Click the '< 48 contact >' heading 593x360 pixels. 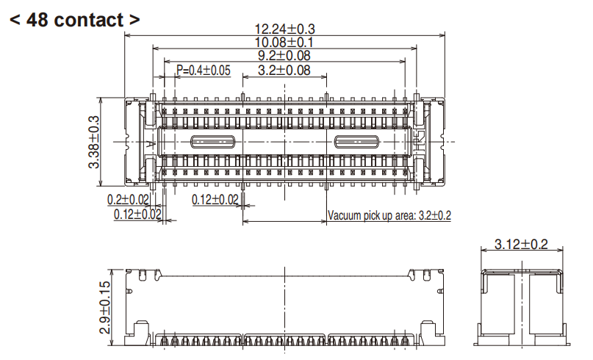point(74,20)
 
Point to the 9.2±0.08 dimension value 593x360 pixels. point(284,56)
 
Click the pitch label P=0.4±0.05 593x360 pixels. point(204,71)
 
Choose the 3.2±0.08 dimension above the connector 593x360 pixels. point(284,71)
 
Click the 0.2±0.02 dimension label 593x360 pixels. point(128,200)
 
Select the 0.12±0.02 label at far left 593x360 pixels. point(137,214)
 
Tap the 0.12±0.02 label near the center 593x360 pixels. point(215,200)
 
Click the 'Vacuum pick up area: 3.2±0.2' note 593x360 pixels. point(389,215)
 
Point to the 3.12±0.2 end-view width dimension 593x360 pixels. point(521,245)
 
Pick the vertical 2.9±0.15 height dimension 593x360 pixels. point(106,307)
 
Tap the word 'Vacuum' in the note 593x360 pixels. point(348,215)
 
